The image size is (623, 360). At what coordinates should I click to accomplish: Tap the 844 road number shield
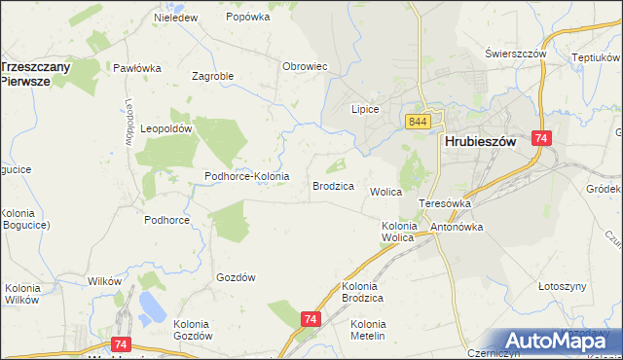tap(419, 121)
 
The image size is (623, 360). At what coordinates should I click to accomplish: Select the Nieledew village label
tap(176, 18)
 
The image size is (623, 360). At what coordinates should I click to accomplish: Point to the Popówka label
tap(247, 17)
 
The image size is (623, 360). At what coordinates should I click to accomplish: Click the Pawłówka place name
tap(136, 68)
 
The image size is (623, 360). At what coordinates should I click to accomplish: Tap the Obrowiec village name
tap(304, 66)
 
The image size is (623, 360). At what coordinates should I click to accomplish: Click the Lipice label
tap(364, 110)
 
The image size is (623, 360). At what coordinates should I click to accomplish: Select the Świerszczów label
tap(516, 54)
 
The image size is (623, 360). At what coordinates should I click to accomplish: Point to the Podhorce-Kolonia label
tap(246, 176)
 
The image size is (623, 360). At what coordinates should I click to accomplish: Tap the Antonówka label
tap(457, 227)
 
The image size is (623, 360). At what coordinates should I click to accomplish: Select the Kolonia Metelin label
tap(368, 329)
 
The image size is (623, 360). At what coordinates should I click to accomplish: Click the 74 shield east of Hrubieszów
tap(541, 140)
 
